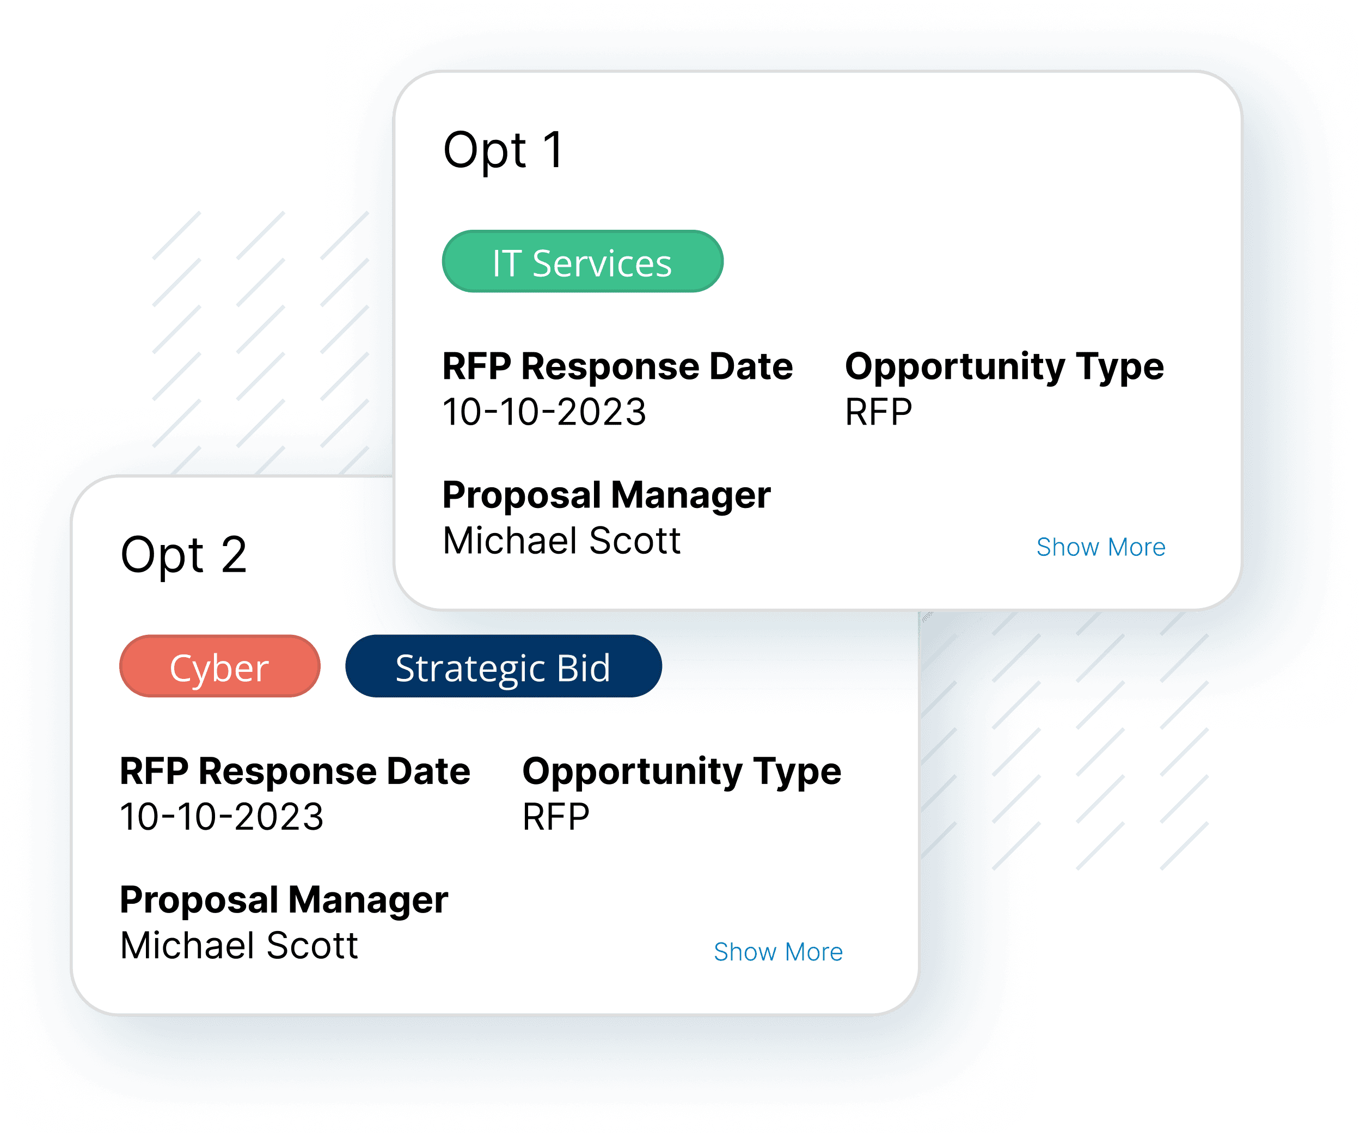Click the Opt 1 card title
point(503,150)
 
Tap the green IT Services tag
point(582,262)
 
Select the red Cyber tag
point(219,666)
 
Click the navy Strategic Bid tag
point(503,666)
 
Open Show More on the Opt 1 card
point(1100,547)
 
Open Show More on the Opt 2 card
point(778,952)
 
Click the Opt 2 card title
point(184,555)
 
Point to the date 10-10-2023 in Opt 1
point(544,412)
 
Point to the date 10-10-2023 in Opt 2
point(222,817)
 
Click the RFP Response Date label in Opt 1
point(617,366)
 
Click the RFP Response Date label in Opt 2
point(295,771)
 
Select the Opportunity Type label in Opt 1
point(1004,366)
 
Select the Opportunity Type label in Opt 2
point(681,771)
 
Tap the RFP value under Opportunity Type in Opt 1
point(878,412)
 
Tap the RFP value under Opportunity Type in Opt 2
point(556,817)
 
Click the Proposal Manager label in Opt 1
point(606,495)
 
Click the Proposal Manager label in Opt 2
point(284,901)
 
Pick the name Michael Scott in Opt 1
point(561,541)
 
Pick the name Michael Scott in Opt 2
point(239,946)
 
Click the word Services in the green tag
point(602,264)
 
